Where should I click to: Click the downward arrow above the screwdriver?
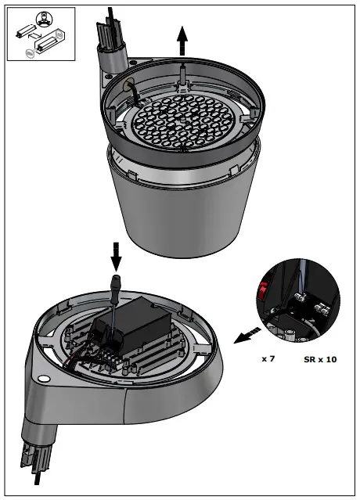coord(117,255)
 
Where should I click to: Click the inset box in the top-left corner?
coord(41,34)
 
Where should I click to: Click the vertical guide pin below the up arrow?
coord(182,74)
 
